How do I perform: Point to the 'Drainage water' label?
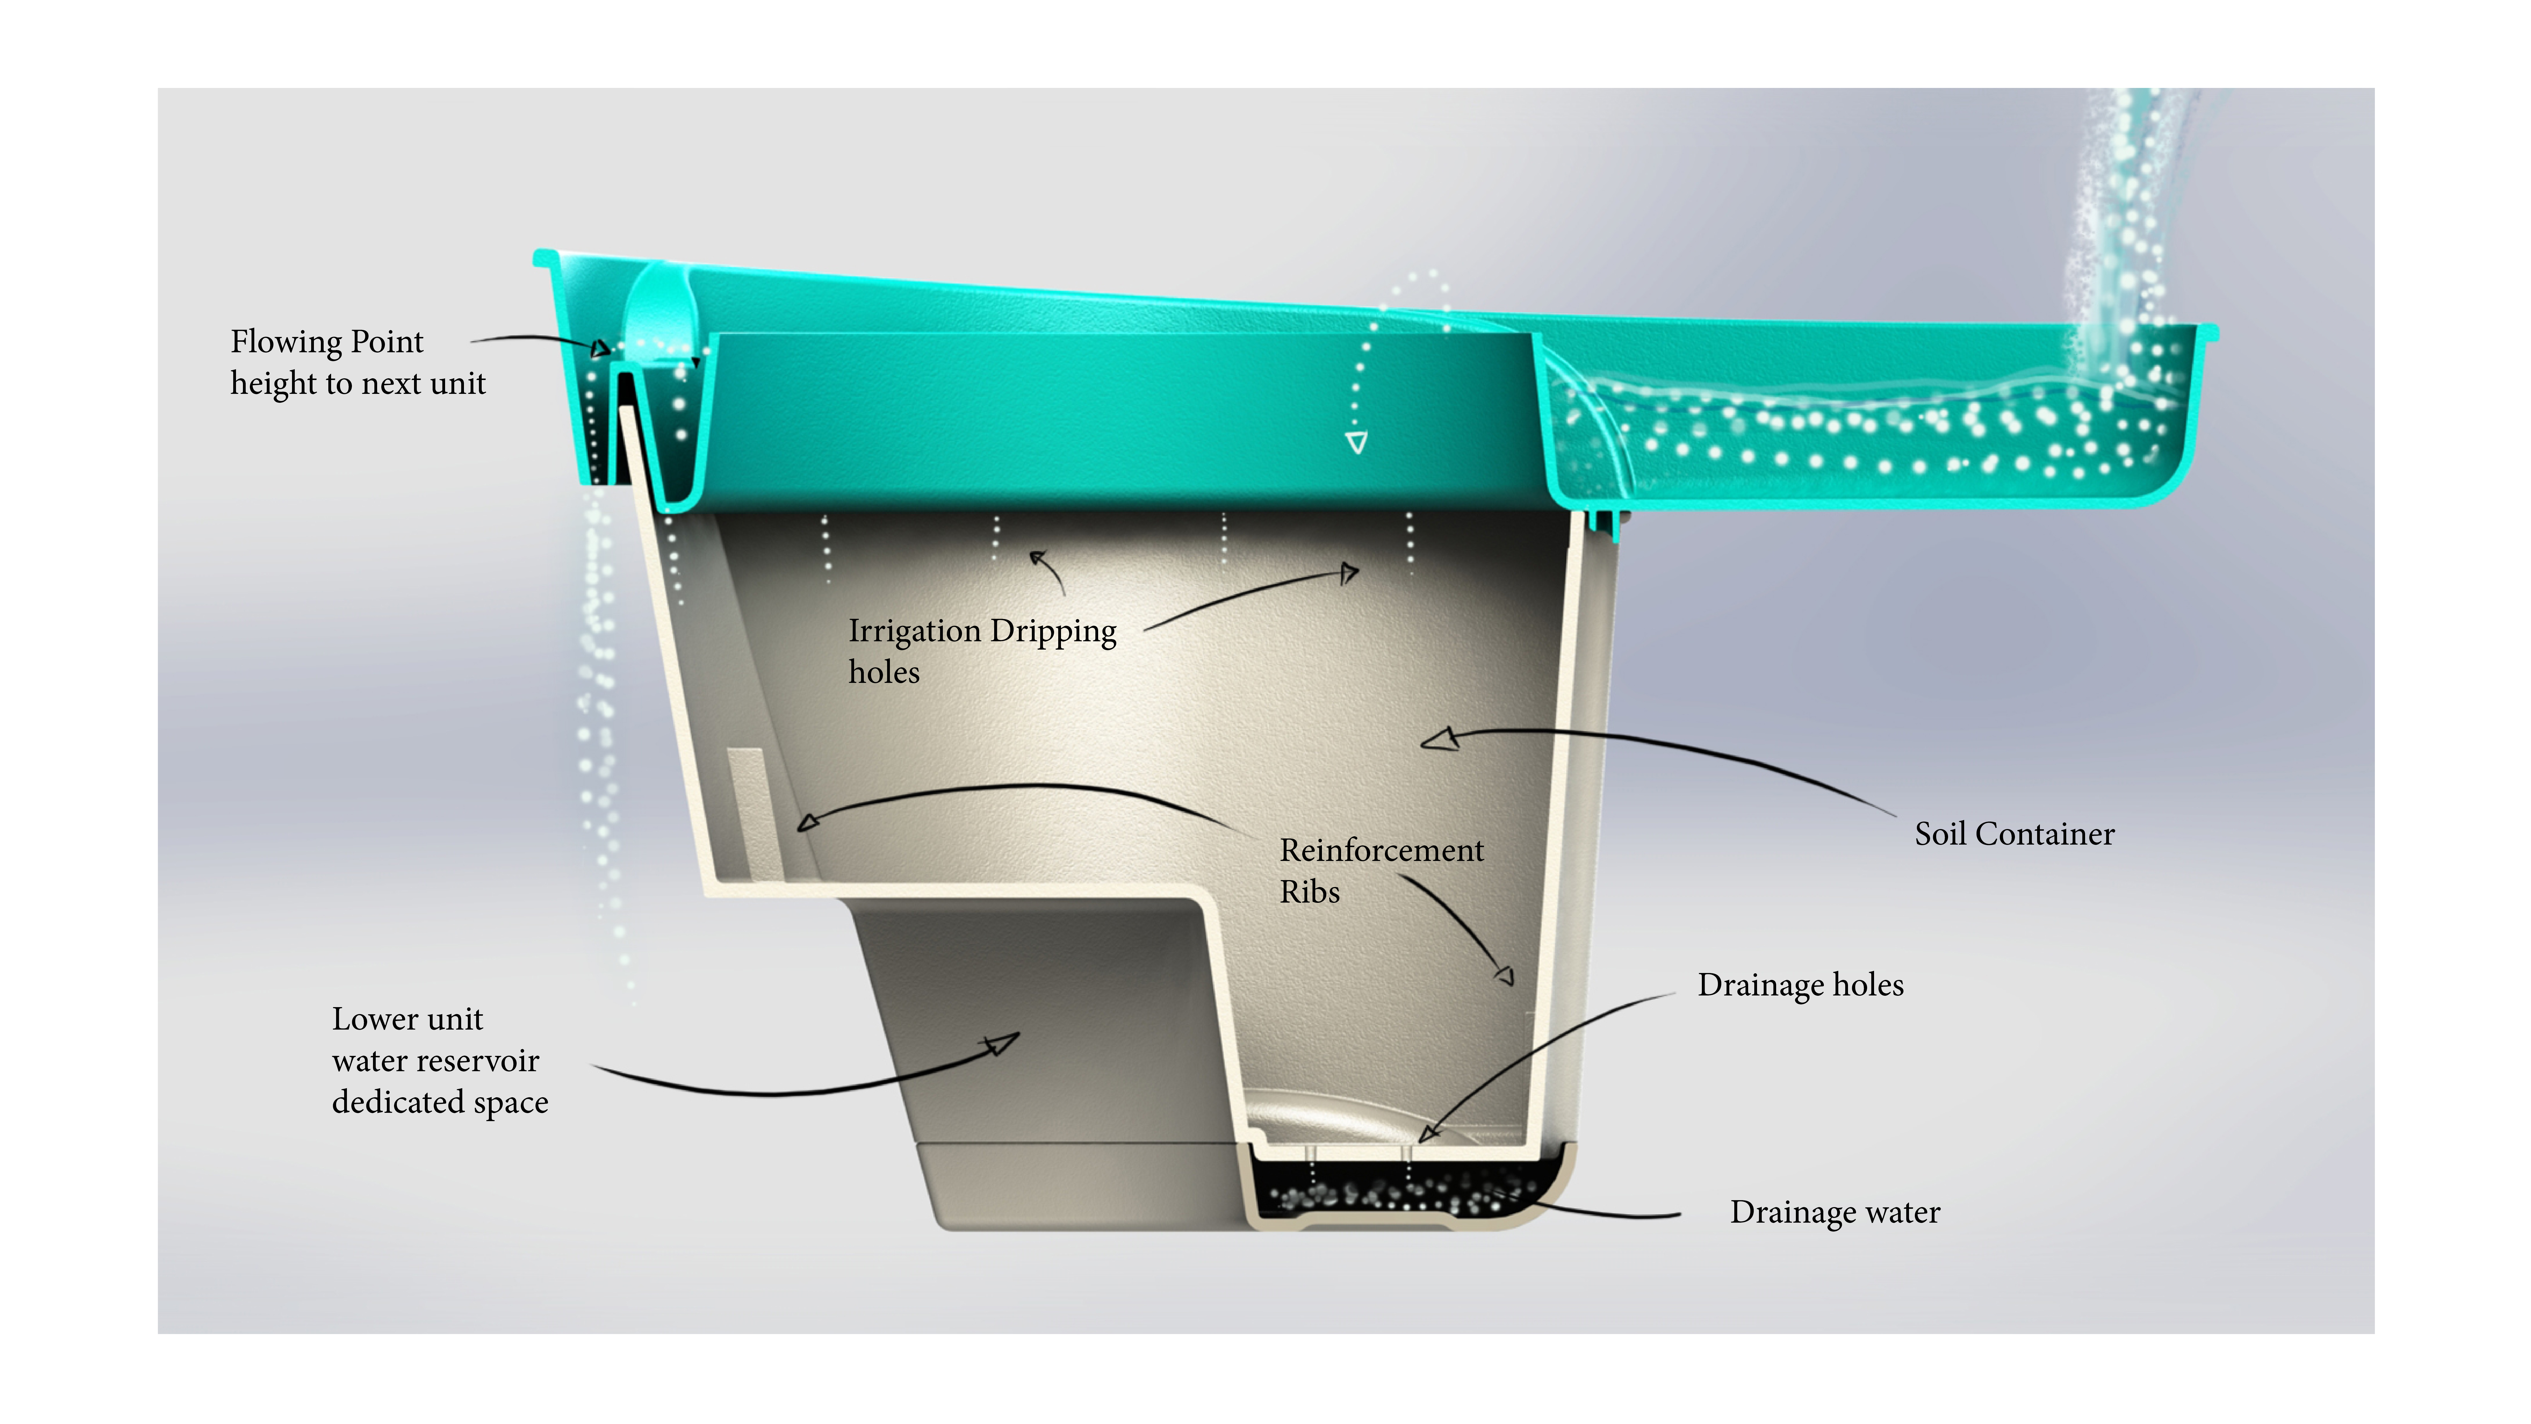(1834, 1213)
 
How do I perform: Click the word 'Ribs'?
(1310, 892)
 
